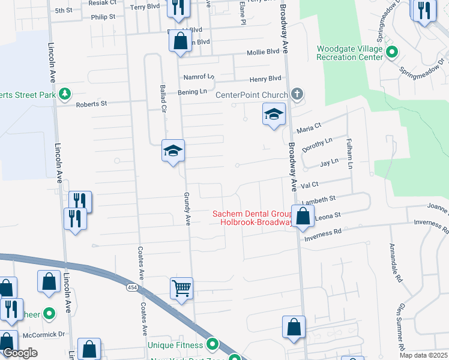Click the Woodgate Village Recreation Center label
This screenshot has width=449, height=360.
pos(350,53)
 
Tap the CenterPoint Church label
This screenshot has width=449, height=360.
pos(252,95)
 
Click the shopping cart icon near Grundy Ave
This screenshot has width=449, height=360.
pos(181,288)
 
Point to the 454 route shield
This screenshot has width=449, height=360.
pos(131,289)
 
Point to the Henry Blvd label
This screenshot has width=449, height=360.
pos(265,79)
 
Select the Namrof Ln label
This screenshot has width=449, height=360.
pos(199,77)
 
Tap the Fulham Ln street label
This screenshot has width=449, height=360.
pos(349,153)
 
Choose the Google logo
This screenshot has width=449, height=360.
pos(20,353)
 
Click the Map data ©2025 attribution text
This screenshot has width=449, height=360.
pos(423,355)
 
